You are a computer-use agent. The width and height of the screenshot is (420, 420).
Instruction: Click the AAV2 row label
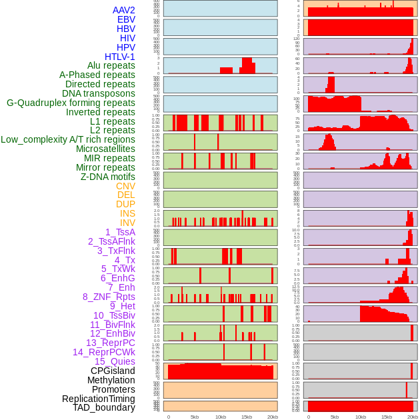tap(124, 11)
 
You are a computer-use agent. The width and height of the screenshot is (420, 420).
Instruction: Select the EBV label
tap(126, 20)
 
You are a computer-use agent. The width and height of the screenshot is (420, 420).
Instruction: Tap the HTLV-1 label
tap(120, 57)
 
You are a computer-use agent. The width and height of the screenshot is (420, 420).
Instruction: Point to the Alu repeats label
tap(111, 66)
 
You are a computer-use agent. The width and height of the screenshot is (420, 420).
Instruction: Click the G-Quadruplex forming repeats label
tap(71, 103)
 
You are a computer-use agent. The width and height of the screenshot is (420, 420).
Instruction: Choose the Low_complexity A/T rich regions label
tap(68, 139)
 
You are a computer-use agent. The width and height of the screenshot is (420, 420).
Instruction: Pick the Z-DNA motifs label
tap(108, 177)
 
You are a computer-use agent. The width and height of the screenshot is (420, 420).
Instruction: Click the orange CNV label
tap(125, 186)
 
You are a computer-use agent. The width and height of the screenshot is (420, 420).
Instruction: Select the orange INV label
tap(127, 223)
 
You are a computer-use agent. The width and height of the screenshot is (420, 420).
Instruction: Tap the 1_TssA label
tap(120, 232)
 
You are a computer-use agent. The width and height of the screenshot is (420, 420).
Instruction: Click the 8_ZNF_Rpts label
tap(109, 297)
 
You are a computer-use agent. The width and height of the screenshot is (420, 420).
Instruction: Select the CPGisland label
tap(113, 371)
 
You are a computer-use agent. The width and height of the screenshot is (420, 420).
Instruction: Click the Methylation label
tap(111, 380)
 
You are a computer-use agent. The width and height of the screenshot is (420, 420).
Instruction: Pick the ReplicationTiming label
tap(99, 399)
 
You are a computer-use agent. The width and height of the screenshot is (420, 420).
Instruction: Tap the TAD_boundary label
tap(104, 407)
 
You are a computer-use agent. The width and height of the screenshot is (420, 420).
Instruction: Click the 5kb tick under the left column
tap(195, 417)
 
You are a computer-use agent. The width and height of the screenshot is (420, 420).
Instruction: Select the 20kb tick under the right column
tap(413, 417)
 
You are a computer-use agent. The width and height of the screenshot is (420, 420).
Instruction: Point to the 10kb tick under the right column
tap(361, 417)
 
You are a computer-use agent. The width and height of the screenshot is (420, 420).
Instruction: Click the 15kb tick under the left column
tap(247, 417)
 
